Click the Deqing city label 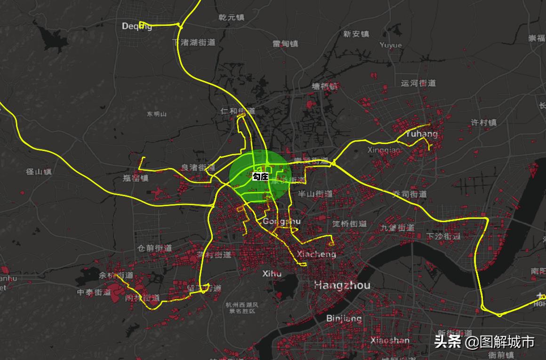point(136,26)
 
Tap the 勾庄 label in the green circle point(260,176)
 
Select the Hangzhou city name point(342,285)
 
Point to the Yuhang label point(421,134)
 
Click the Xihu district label point(272,273)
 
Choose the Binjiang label point(344,319)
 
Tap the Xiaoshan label point(390,340)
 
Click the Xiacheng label point(317,254)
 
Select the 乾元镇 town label point(232,17)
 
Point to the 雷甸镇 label point(285,44)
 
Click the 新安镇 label point(356,34)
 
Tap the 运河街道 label point(418,83)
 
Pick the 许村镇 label point(484,122)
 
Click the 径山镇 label point(39,172)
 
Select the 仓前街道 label point(154,248)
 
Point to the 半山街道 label point(315,194)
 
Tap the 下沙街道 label point(443,236)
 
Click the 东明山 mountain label point(156,114)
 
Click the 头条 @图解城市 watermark point(484,342)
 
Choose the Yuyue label point(391,45)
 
